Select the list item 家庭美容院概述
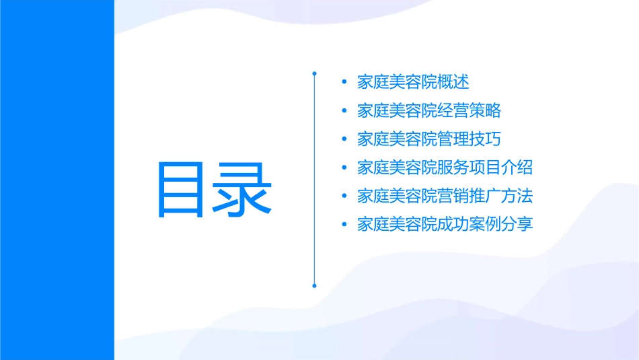pyautogui.click(x=413, y=82)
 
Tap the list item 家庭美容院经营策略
pyautogui.click(x=429, y=110)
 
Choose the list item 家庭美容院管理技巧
pyautogui.click(x=429, y=139)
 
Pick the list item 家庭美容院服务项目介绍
pyautogui.click(x=445, y=168)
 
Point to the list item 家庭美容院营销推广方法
pyautogui.click(x=445, y=196)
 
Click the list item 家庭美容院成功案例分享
pyautogui.click(x=445, y=224)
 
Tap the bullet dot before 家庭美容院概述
pyautogui.click(x=344, y=82)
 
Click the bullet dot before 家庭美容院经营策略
pyautogui.click(x=344, y=110)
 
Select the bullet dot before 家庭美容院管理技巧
pyautogui.click(x=344, y=139)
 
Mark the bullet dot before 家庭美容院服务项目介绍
pyautogui.click(x=344, y=168)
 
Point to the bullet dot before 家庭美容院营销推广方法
pyautogui.click(x=344, y=196)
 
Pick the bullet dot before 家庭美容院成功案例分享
pyautogui.click(x=344, y=224)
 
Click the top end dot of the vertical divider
pyautogui.click(x=314, y=72)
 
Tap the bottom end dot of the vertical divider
pyautogui.click(x=314, y=285)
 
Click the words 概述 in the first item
pyautogui.click(x=453, y=82)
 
